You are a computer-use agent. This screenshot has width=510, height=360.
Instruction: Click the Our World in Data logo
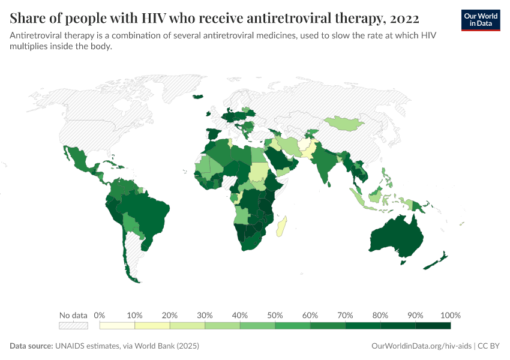click(481, 20)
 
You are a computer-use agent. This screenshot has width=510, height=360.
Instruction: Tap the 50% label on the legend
click(275, 315)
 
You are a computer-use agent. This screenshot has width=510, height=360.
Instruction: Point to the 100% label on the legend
click(450, 315)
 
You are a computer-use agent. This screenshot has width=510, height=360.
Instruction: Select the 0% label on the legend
click(100, 315)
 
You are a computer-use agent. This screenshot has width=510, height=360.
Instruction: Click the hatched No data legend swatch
click(73, 325)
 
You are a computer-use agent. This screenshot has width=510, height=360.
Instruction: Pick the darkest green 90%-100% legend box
click(433, 325)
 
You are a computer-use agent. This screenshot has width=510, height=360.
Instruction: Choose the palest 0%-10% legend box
click(117, 325)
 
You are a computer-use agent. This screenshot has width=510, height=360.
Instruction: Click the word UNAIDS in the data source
click(71, 346)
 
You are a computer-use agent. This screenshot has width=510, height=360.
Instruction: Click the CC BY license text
click(488, 346)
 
